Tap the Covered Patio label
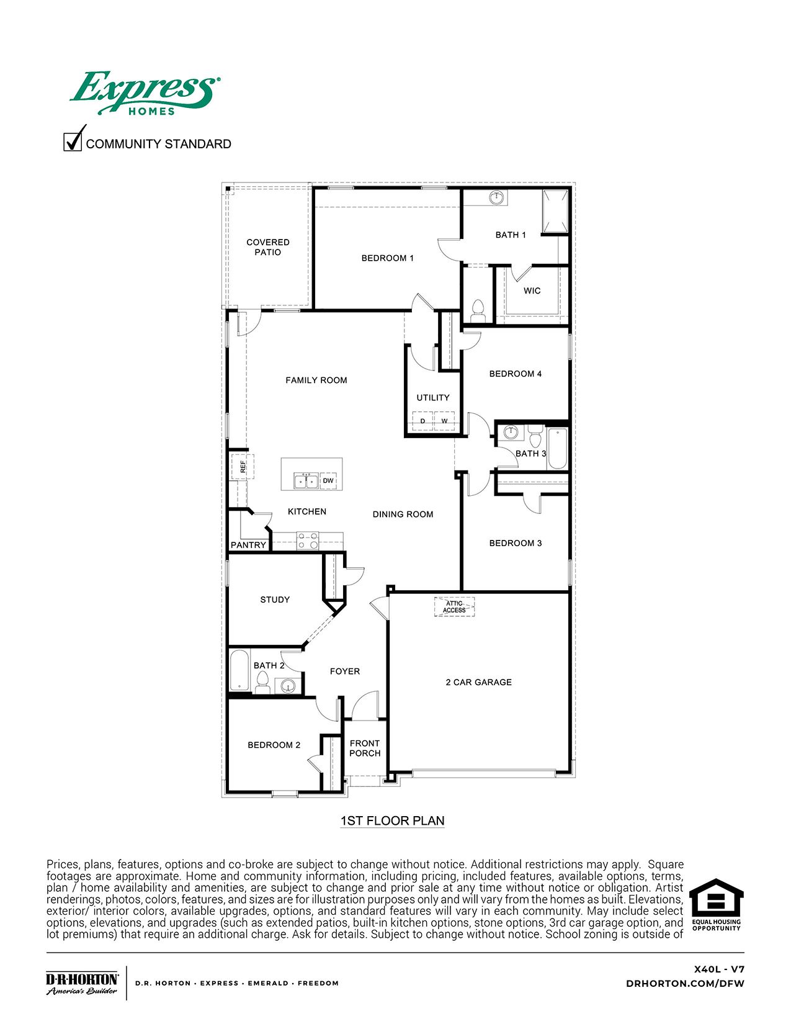click(268, 247)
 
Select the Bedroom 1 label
click(388, 258)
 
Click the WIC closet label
click(532, 290)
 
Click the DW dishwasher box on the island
click(328, 481)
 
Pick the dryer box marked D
click(423, 421)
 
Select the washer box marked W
click(444, 421)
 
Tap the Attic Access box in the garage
click(454, 606)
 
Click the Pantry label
click(248, 545)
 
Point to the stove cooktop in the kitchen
click(307, 541)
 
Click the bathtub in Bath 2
click(239, 671)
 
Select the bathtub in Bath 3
click(556, 447)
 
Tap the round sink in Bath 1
click(496, 198)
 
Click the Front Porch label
click(365, 748)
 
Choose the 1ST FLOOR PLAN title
click(392, 820)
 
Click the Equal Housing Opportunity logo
click(717, 905)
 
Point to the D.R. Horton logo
click(82, 982)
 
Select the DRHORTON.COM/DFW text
click(685, 983)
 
